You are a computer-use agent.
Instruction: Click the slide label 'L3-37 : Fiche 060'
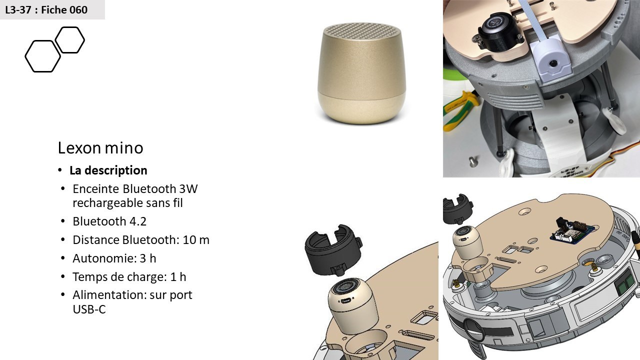click(46, 9)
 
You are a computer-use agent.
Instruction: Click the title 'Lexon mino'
click(100, 147)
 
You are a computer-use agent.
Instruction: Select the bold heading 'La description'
click(108, 170)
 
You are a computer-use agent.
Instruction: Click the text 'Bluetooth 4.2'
click(109, 221)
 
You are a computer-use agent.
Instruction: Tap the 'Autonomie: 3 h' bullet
click(114, 258)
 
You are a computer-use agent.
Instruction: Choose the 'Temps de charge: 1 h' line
click(129, 277)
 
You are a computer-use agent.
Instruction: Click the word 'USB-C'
click(89, 309)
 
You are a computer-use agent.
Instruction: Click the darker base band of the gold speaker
click(361, 110)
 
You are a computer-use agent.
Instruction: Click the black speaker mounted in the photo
click(499, 31)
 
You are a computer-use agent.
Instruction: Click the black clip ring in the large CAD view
click(333, 249)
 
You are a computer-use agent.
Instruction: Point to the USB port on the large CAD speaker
click(346, 301)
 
